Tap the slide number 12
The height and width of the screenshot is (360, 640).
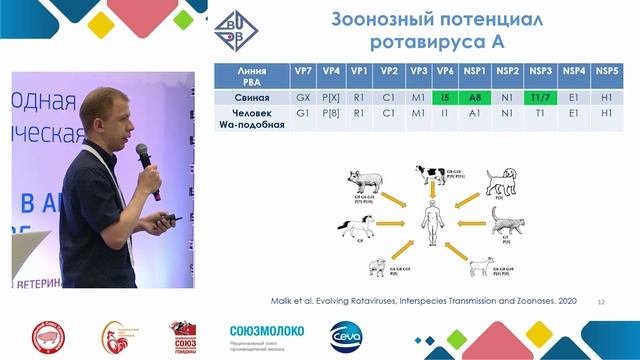tap(600, 300)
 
